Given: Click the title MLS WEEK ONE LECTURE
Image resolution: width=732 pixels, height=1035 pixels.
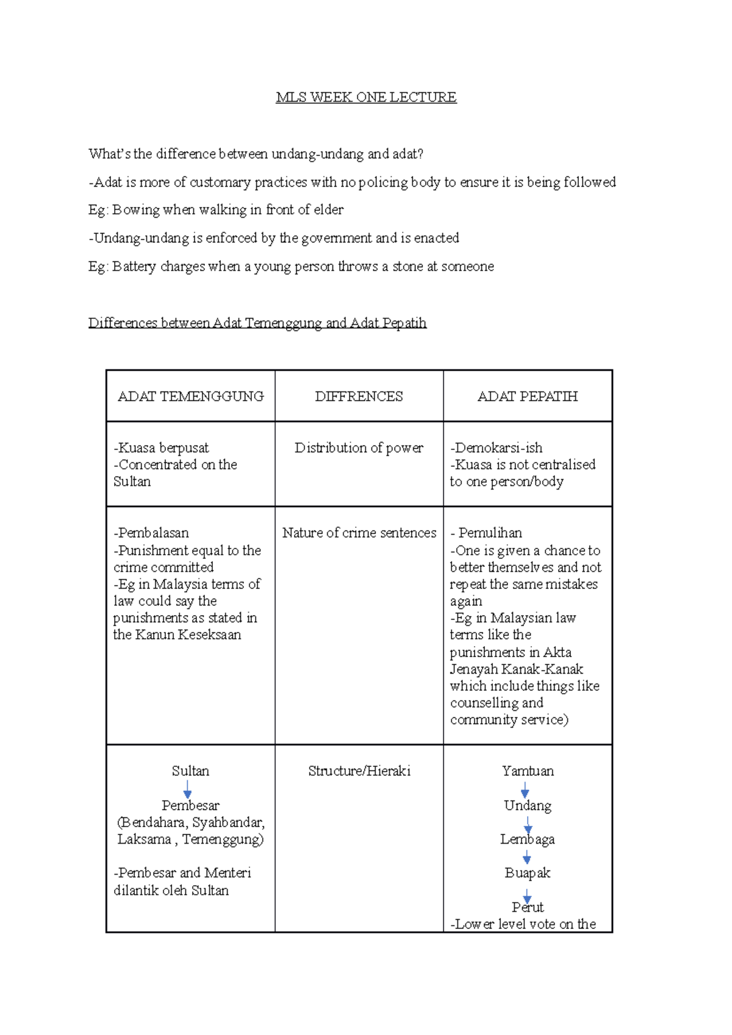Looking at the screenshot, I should coord(366,98).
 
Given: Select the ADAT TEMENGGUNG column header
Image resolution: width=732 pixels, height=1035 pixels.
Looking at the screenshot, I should coord(190,396).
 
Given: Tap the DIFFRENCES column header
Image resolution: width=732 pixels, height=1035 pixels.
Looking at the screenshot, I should coord(359,396).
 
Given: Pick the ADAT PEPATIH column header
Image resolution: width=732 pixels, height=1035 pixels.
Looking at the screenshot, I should coord(527,396).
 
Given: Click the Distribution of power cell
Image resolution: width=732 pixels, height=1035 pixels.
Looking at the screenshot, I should coord(359,448).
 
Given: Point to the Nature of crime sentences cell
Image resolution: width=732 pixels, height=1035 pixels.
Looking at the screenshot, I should coord(359,533).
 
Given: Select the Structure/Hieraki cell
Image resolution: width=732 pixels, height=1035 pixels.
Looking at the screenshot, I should coord(359,771).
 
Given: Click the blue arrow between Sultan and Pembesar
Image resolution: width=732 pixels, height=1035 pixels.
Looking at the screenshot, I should coord(188,789).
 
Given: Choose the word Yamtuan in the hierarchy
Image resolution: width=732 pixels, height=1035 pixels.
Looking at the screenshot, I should coord(528,771).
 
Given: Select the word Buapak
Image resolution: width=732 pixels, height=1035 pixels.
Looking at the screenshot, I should coord(527,873).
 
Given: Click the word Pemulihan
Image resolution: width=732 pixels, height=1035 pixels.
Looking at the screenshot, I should coord(490,533).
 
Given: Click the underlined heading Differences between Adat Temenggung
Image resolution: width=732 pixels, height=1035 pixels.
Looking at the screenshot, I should coord(257,323).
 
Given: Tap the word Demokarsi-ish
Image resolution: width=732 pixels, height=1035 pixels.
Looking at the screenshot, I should coord(497,448).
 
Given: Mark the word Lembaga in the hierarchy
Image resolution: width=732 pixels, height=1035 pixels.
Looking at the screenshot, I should coord(527,839).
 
